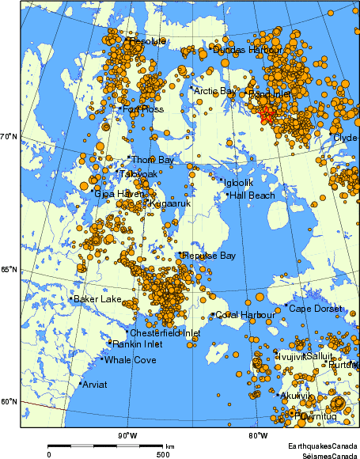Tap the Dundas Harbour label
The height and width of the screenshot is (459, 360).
pos(248,50)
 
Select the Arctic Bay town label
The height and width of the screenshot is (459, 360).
pos(215,92)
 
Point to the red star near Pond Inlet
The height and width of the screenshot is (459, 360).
pos(267,115)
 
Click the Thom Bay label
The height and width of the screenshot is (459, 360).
pos(152,160)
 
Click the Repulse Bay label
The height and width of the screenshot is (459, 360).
pos(209,256)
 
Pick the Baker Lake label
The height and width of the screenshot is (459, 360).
pos(97,299)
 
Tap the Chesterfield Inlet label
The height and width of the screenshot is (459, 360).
pos(165,333)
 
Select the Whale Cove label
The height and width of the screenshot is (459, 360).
pos(131,360)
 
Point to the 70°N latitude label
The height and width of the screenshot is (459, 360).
pos(9,137)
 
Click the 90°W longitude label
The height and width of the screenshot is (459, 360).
pos(127,435)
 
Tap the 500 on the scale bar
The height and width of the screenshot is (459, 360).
pos(162,454)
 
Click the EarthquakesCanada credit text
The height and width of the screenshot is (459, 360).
pos(321,446)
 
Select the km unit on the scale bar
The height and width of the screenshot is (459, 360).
pos(169,446)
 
